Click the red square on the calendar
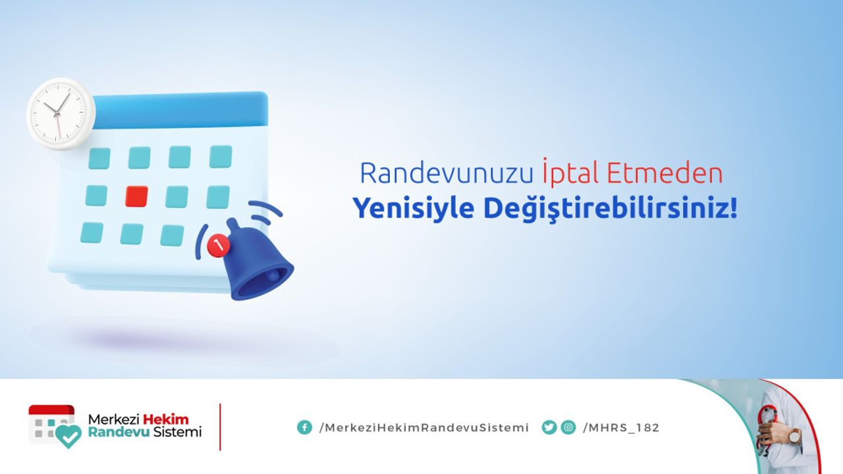click(136, 196)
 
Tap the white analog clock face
click(61, 114)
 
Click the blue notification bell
click(256, 261)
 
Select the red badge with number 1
click(218, 246)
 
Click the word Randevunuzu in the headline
click(447, 173)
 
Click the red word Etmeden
click(665, 173)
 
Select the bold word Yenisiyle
click(414, 209)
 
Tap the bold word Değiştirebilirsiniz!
click(610, 209)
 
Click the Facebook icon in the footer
click(304, 427)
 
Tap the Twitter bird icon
click(549, 427)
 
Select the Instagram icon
click(568, 427)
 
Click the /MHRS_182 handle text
click(621, 428)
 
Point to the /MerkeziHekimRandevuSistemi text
click(423, 428)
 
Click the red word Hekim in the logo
click(166, 419)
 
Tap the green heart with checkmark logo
click(68, 436)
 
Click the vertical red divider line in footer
click(220, 427)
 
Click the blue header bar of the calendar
click(180, 109)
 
